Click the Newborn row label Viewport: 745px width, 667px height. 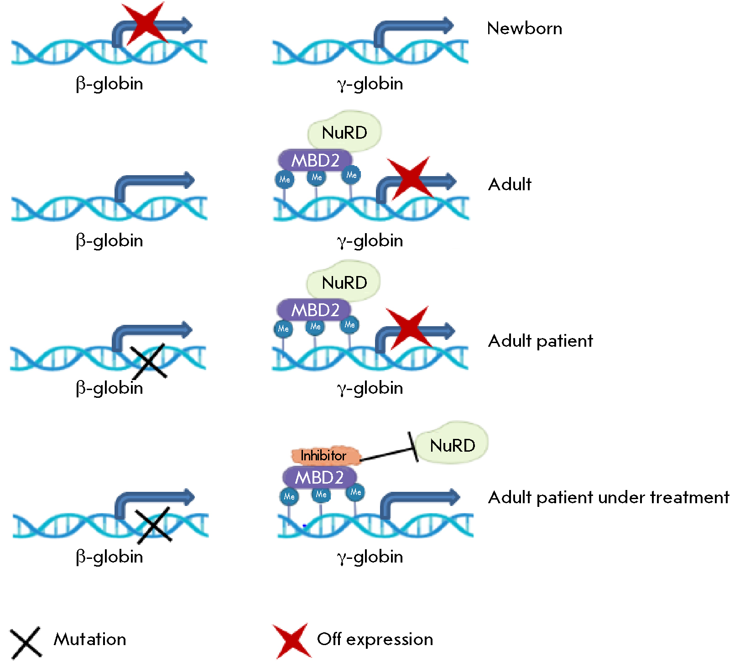(x=524, y=28)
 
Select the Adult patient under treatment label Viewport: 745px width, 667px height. (x=608, y=497)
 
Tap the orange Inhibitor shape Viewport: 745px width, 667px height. (x=324, y=455)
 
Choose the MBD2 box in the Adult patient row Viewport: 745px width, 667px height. (x=314, y=310)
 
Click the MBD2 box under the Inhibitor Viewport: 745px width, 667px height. (x=319, y=477)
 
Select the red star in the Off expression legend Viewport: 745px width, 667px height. (x=292, y=641)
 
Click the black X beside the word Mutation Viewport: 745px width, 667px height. (x=26, y=642)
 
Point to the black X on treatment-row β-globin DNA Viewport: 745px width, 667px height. (x=154, y=525)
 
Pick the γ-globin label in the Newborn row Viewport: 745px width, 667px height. (x=370, y=84)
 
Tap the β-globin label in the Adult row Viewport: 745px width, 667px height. (x=109, y=240)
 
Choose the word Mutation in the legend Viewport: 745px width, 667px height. (x=90, y=639)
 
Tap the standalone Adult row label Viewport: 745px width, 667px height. (x=510, y=184)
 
